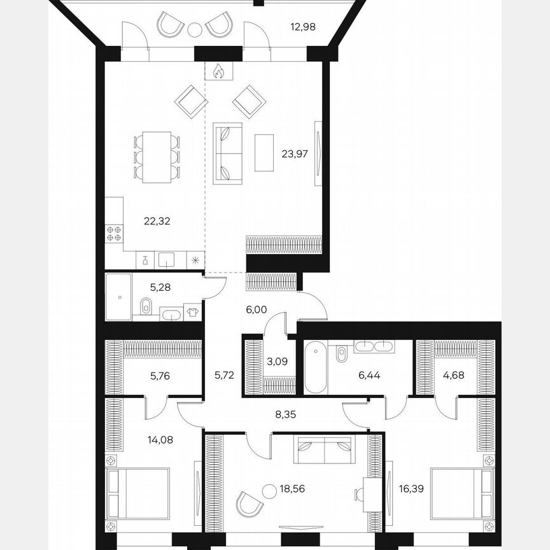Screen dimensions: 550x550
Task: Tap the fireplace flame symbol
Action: [218, 71]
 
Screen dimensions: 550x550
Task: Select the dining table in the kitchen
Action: [157, 157]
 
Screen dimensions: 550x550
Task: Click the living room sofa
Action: [227, 153]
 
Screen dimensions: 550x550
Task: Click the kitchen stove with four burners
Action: [114, 234]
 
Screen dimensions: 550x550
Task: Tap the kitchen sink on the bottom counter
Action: [167, 260]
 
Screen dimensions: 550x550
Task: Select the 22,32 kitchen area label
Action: [157, 222]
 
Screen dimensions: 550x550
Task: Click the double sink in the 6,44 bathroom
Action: [374, 347]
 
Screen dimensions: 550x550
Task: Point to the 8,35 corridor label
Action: [285, 414]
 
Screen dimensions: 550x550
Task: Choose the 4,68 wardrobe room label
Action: [454, 375]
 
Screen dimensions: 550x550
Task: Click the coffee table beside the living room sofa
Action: [264, 153]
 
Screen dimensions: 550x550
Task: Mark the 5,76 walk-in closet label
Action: [160, 376]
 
